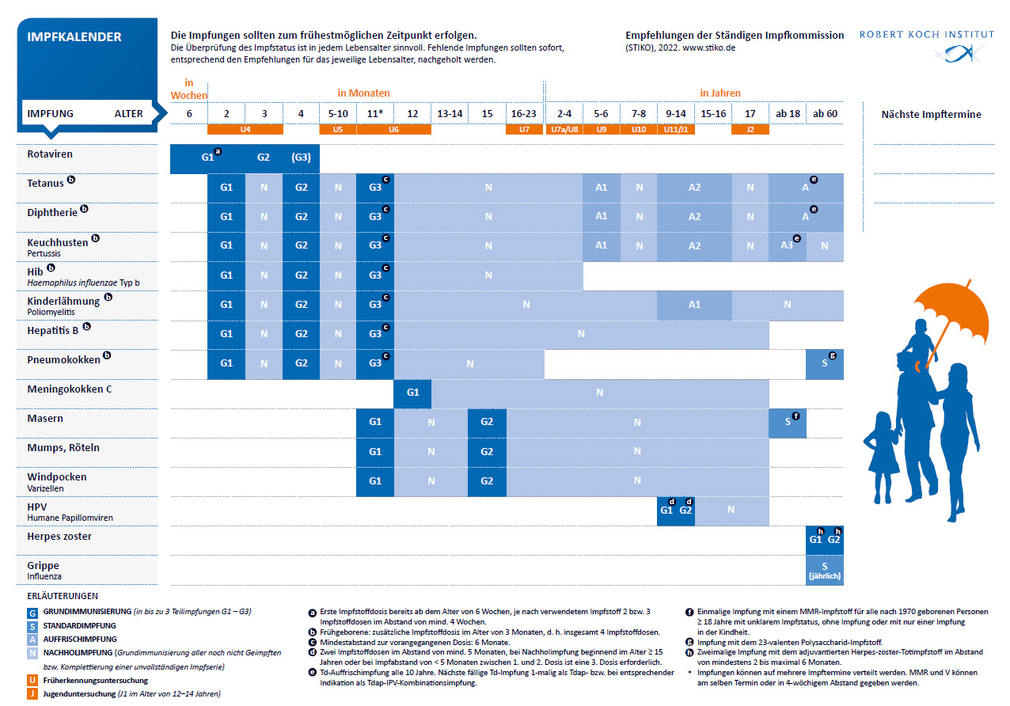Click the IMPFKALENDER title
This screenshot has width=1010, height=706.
[74, 37]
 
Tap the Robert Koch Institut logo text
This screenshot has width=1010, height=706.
[926, 35]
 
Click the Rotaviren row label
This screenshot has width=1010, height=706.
[50, 154]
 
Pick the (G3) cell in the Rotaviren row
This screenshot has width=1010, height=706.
[301, 158]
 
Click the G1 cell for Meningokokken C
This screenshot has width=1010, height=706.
[412, 393]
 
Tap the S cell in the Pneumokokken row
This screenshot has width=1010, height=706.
[824, 363]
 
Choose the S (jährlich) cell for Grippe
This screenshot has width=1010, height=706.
[824, 571]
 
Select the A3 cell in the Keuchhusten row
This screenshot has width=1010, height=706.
[787, 245]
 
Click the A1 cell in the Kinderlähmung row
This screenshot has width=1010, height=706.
[694, 305]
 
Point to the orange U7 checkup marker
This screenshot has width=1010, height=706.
[524, 129]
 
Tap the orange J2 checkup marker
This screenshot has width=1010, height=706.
[750, 129]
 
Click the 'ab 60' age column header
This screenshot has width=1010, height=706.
[825, 113]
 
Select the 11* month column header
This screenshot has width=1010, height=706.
[375, 113]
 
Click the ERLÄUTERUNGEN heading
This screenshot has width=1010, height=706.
[63, 596]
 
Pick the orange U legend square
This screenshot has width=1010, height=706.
[32, 680]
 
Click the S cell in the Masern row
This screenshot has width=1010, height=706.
[788, 422]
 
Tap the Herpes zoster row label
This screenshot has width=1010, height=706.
[59, 537]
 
